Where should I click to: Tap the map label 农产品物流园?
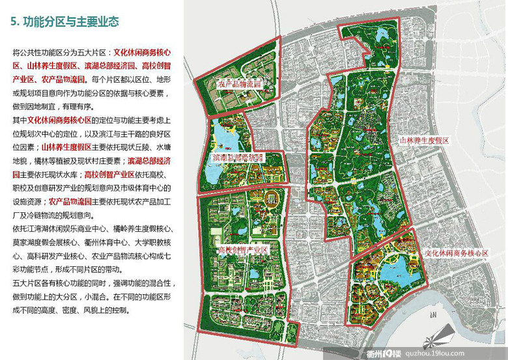click(x=239, y=84)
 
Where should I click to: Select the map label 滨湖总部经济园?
click(x=238, y=158)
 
